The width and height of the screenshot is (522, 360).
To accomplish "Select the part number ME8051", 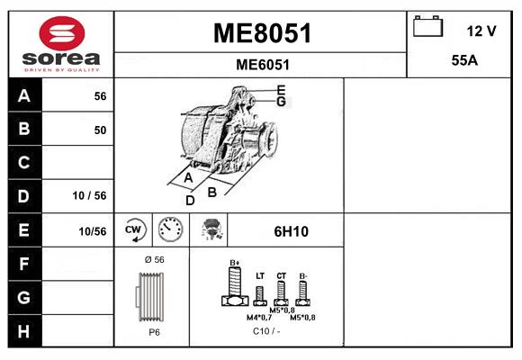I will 262,33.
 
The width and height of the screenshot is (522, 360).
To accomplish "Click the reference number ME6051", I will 262,65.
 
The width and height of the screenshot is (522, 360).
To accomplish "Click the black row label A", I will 23,95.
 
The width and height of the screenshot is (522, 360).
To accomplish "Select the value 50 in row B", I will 100,130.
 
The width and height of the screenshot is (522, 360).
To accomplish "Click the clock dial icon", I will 170,230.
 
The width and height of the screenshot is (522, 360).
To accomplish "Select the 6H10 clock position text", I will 291,231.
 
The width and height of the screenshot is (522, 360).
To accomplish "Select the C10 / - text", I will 265,332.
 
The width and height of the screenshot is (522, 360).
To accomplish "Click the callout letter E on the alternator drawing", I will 281,89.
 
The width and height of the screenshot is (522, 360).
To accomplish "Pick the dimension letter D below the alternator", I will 190,200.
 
